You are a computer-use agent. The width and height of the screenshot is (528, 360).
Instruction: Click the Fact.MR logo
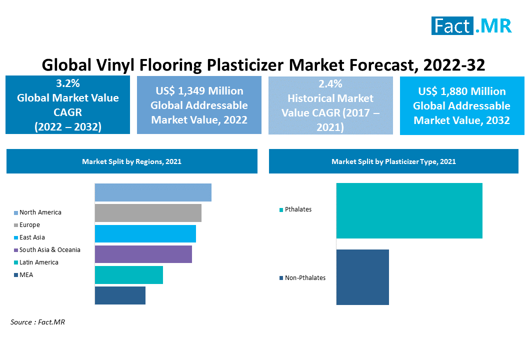471,25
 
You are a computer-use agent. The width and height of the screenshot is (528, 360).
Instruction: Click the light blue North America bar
153,192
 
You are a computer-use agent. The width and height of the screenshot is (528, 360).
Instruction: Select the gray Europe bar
148,213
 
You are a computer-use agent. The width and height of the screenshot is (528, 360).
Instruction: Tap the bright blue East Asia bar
145,233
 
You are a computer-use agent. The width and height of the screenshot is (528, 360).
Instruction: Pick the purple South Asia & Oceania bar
143,254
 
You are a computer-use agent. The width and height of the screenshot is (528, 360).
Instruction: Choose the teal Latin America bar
129,275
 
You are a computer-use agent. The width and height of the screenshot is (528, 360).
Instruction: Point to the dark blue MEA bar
120,295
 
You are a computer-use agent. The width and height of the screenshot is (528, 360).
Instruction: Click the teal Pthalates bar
409,211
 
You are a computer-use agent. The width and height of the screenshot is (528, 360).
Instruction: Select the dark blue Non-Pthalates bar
362,277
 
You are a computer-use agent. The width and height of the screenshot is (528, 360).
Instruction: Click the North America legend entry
37,212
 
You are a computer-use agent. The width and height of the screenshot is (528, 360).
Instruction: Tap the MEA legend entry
23,275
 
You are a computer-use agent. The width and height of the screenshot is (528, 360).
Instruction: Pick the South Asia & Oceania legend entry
47,250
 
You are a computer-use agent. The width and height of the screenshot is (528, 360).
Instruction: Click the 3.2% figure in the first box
68,83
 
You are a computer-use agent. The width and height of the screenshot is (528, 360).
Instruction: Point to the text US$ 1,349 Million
199,91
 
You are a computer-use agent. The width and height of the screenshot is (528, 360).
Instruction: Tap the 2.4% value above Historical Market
330,83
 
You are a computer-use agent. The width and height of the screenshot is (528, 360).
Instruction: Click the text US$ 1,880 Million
462,91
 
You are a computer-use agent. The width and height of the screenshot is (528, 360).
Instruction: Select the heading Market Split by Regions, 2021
131,161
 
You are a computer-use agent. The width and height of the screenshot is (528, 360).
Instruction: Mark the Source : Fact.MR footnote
37,322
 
